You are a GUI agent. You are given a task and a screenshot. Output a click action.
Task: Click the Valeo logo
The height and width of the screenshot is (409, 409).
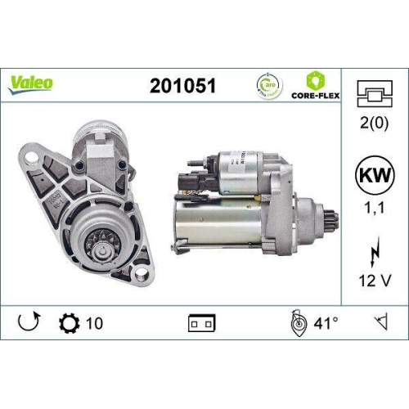(x=32, y=83)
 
